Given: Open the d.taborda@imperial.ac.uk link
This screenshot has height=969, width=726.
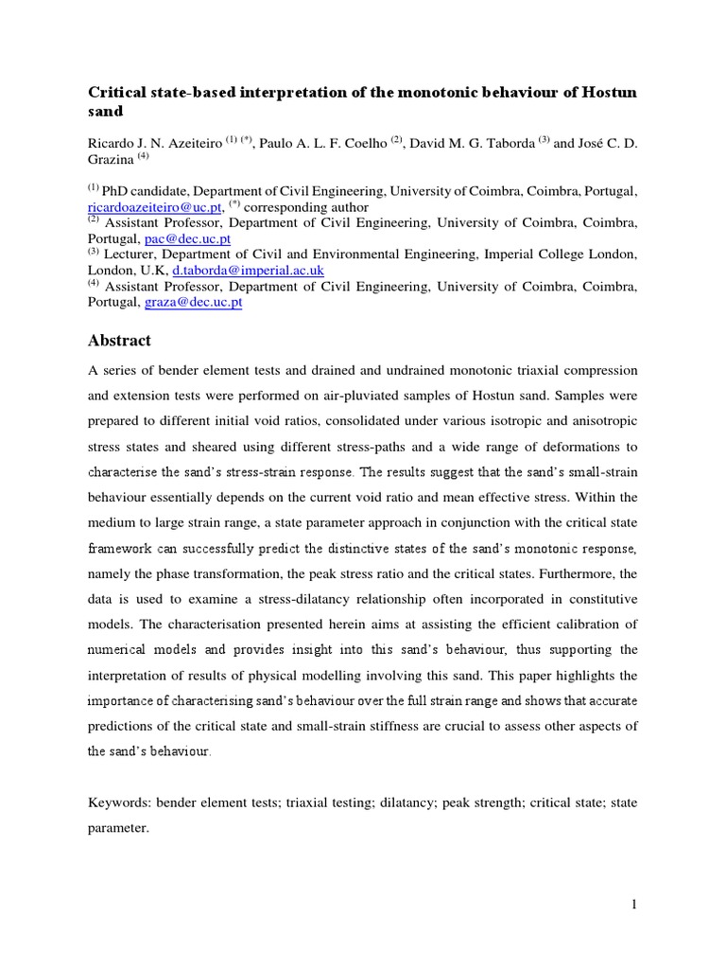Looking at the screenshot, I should [x=248, y=271].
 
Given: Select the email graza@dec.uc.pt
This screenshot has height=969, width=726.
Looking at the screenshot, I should [x=193, y=302].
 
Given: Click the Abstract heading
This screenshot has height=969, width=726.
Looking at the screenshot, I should [x=119, y=341].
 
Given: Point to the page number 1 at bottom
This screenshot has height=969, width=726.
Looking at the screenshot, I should [x=635, y=905].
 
